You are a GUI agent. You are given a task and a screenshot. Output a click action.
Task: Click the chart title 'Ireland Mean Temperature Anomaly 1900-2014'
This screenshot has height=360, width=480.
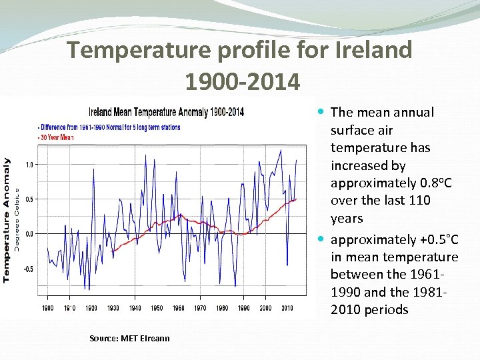pos(166,111)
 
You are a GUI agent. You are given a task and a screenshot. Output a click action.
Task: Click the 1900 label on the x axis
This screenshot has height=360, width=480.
pos(48,308)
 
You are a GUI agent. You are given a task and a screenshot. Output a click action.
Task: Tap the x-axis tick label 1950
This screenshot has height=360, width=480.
pos(157,308)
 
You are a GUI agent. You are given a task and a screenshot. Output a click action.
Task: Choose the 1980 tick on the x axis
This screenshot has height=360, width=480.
pos(222,308)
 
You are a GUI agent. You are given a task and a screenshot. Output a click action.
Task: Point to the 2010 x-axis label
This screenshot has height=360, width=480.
pos(287,308)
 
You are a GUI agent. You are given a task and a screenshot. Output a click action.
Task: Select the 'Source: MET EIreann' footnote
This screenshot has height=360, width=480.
pos(129,338)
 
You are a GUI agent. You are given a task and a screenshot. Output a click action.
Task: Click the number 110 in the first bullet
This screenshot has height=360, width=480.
pos(419,200)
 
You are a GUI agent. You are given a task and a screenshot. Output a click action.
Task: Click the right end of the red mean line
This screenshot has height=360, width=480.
pos(295,199)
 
